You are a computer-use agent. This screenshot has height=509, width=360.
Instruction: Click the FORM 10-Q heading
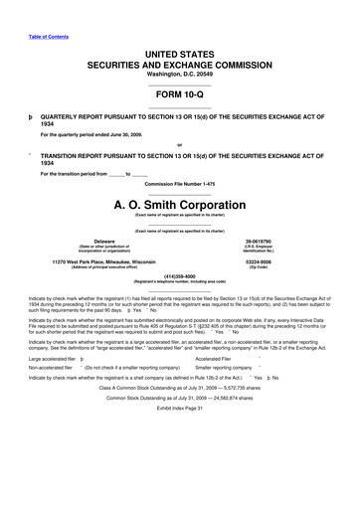point(179,97)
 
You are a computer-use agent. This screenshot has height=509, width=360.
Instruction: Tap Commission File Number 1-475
point(179,185)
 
